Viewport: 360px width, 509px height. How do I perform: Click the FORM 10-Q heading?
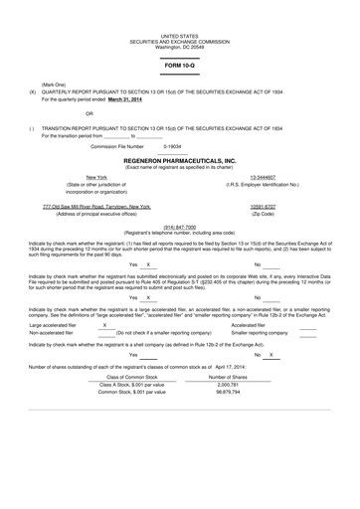pyautogui.click(x=180, y=66)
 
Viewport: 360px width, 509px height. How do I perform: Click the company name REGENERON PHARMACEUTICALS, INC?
pyautogui.click(x=180, y=158)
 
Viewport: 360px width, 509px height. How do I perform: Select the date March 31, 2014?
pyautogui.click(x=133, y=98)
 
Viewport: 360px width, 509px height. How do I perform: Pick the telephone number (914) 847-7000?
pyautogui.click(x=180, y=227)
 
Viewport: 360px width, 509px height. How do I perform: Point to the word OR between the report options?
pyautogui.click(x=62, y=114)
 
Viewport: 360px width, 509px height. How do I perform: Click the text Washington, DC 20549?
pyautogui.click(x=180, y=47)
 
